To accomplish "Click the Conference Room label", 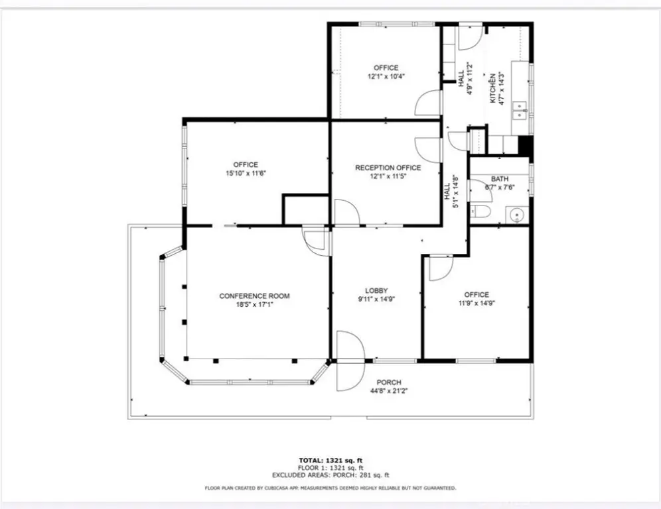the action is point(254,296).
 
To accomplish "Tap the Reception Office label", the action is point(388,168).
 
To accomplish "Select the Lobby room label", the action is point(376,290).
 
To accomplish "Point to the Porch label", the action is point(389,382).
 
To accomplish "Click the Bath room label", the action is point(500,179).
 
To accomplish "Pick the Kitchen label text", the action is point(492,89).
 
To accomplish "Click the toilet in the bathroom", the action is point(479,211).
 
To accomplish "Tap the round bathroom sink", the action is point(516,215).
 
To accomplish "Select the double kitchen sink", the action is point(520,110).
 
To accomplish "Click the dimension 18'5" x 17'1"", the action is point(254,304).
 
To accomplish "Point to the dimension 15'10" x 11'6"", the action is point(246,173).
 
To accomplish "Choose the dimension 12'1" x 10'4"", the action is point(386,76).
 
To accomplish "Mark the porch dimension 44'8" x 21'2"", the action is point(389,390).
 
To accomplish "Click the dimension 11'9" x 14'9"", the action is point(477,303).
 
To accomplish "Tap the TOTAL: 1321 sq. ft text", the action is point(330,460).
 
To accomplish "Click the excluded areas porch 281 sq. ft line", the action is point(330,475).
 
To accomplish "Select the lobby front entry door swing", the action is point(350,361).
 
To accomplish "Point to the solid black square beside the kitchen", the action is point(525,144).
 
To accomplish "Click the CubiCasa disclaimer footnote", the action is point(330,488).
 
